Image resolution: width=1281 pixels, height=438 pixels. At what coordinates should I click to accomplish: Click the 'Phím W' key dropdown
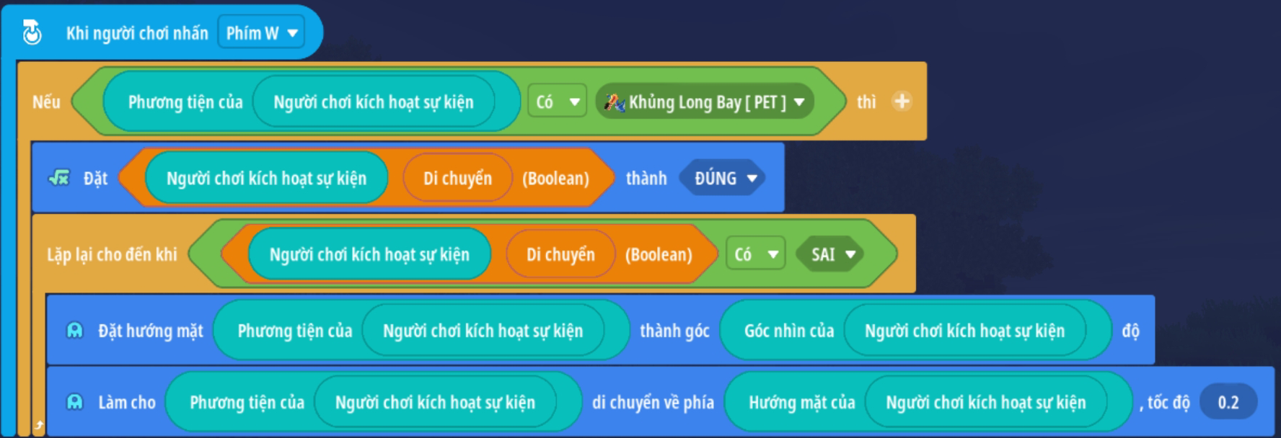pos(261,33)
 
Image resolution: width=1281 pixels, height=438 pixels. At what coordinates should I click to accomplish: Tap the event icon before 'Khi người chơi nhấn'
pos(32,32)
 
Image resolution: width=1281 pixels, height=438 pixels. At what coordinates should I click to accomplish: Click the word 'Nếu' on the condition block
pos(46,102)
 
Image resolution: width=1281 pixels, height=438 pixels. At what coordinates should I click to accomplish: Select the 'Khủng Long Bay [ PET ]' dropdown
pos(705,102)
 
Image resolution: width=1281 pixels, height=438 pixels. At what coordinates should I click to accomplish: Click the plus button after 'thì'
pos(902,101)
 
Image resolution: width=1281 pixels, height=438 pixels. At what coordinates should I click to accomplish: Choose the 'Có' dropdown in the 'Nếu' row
pos(558,102)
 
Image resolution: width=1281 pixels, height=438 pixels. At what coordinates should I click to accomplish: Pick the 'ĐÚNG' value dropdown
pos(723,178)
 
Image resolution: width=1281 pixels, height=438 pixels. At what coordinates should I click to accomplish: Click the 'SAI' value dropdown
pos(831,254)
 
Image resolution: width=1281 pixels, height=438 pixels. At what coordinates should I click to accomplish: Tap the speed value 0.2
pos(1228,403)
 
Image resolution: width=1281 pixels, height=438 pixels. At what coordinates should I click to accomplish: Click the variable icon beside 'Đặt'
pos(58,178)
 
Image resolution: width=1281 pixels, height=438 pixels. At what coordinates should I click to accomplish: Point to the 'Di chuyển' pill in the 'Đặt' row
pos(457,178)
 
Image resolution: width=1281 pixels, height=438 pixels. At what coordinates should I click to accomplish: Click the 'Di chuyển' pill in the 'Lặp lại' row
pos(560,254)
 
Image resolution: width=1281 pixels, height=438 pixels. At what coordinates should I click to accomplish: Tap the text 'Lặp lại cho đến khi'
pos(112,255)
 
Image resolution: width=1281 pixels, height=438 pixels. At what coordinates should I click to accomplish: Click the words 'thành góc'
pos(674,331)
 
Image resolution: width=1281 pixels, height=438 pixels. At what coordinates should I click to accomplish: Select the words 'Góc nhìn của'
pos(789,331)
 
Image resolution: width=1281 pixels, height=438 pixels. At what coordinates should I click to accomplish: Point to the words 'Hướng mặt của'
pos(801,403)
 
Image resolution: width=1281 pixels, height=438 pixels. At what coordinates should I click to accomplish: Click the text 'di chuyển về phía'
pos(653,403)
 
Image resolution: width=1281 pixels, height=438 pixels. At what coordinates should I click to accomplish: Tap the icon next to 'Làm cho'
pos(75,402)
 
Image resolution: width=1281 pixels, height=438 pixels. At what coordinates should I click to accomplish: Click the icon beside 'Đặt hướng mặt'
pos(75,331)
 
